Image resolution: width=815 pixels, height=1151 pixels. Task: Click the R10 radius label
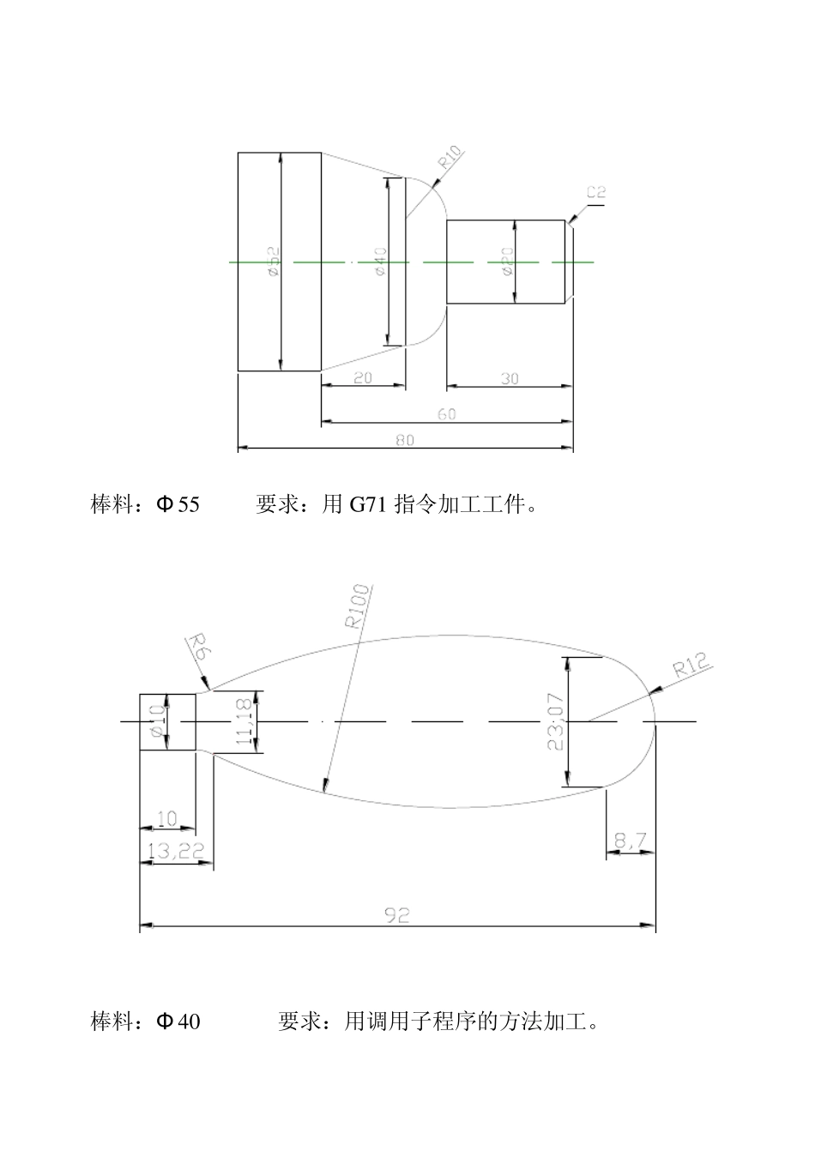tap(451, 159)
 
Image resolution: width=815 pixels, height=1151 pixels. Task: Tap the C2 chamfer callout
tap(596, 192)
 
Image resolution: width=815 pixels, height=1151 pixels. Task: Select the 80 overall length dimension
tap(405, 440)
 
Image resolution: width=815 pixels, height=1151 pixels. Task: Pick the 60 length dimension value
tap(447, 414)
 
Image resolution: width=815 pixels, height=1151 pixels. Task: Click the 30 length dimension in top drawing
tap(510, 378)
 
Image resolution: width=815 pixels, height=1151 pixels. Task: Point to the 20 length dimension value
tap(363, 377)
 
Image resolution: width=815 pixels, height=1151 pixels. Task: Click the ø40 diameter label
tap(380, 261)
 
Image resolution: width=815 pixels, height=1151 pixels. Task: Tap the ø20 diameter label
tap(506, 261)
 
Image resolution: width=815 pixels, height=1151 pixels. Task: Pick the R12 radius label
tap(691, 666)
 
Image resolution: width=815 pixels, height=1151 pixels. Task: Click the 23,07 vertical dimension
tap(554, 721)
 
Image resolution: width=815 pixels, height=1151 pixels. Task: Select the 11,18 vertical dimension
tap(244, 721)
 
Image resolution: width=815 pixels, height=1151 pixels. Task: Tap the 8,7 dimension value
tap(631, 843)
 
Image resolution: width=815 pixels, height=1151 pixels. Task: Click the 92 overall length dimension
tap(396, 915)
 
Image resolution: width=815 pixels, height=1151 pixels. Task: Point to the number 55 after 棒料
tap(189, 505)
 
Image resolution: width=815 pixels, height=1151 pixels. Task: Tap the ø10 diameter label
tap(157, 721)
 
